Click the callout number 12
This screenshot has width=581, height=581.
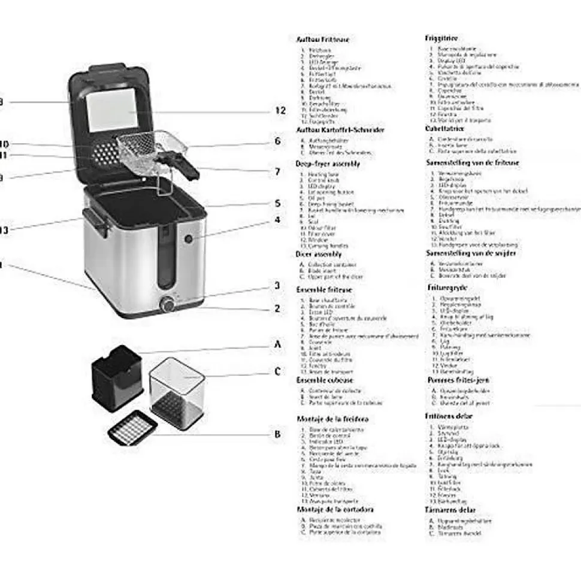pos(280,110)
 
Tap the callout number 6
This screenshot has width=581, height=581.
pos(277,141)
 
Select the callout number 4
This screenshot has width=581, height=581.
pos(277,220)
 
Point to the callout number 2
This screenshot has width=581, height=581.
pos(277,309)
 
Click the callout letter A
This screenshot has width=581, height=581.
pos(277,344)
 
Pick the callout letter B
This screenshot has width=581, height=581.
pos(277,435)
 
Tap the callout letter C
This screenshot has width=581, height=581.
pos(277,371)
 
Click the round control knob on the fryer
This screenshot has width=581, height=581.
pos(167,305)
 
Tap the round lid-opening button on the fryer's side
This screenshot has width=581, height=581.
pos(189,239)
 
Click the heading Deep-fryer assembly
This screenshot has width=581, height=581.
pos(328,163)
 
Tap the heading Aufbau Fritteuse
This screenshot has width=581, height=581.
pos(323,39)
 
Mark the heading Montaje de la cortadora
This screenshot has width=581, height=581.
pos(335,509)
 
